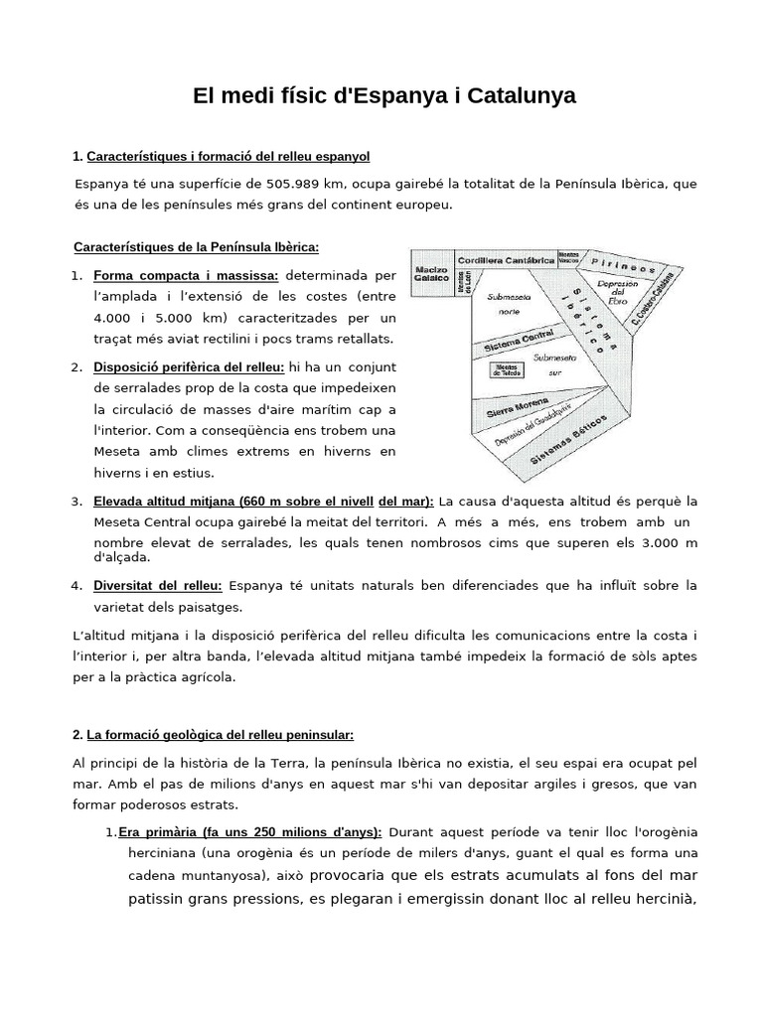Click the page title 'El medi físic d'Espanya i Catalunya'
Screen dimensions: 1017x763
(383, 96)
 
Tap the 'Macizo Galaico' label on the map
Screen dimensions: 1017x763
(433, 275)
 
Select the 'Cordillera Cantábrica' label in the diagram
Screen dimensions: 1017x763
(507, 259)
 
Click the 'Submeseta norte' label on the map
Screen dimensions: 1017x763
(508, 303)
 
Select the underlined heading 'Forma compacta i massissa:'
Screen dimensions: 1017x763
(186, 274)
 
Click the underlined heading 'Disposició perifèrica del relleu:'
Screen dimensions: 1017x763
(189, 367)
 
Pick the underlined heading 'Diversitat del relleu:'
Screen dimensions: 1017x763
(158, 585)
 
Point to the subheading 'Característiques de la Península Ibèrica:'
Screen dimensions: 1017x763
(197, 246)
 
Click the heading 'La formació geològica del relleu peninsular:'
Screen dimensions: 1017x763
(220, 735)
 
